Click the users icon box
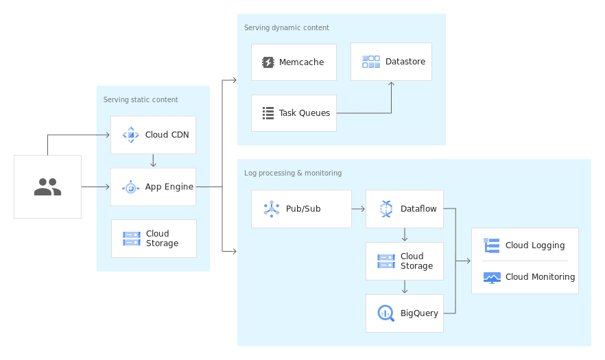(x=47, y=187)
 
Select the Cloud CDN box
(x=153, y=134)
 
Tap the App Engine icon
(x=130, y=187)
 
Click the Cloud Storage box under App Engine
(x=154, y=239)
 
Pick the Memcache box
(x=294, y=62)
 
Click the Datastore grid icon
(x=371, y=62)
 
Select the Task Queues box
(x=294, y=112)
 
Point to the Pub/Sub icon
(x=272, y=208)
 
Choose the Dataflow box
(x=405, y=208)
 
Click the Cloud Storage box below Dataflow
(x=405, y=261)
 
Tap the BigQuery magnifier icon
(x=385, y=313)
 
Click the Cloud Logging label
(x=535, y=245)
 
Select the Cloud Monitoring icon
(x=492, y=277)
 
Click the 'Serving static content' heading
(x=141, y=99)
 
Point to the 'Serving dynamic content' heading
(x=287, y=27)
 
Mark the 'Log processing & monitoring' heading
(x=293, y=173)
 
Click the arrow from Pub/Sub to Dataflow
(x=358, y=208)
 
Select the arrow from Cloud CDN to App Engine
(x=153, y=160)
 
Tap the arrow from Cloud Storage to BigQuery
(x=405, y=287)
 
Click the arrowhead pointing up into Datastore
(x=392, y=84)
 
